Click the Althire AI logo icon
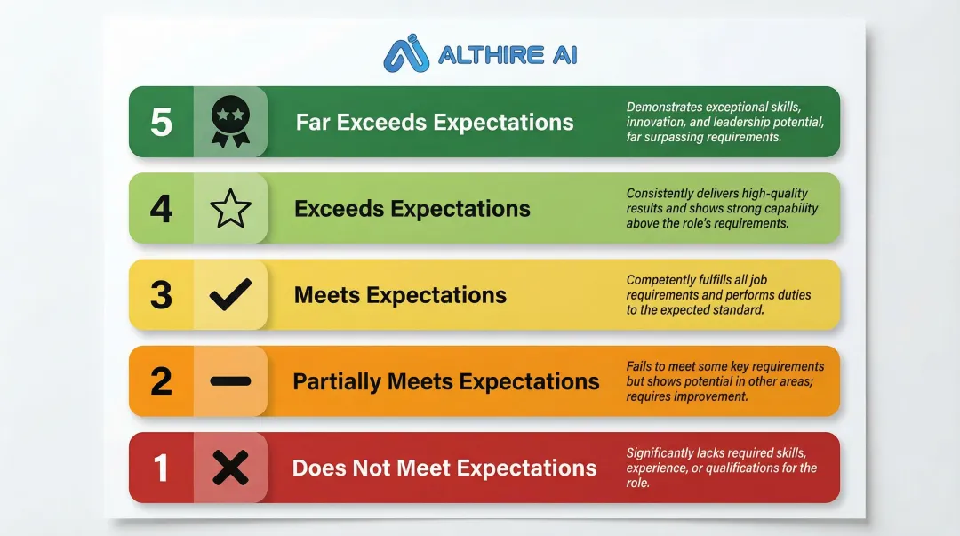[x=406, y=53]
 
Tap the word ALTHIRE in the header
[x=491, y=55]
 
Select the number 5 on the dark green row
[x=161, y=122]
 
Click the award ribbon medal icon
[x=230, y=121]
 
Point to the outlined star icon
[x=230, y=208]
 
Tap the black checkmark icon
[x=230, y=294]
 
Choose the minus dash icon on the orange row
[x=230, y=381]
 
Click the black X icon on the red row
[x=230, y=468]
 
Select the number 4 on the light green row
[x=161, y=208]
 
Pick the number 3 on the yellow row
[x=161, y=294]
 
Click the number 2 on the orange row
[x=161, y=381]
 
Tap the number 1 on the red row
[x=160, y=468]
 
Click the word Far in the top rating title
[x=313, y=122]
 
